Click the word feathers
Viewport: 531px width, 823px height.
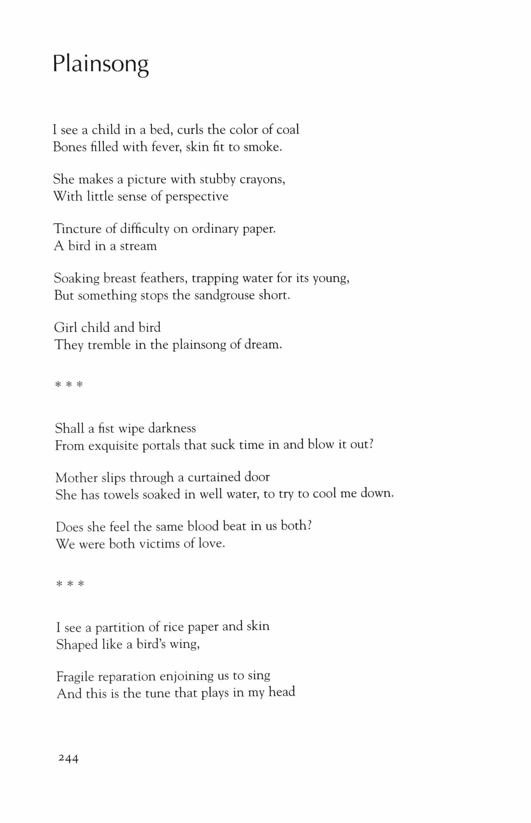[164, 278]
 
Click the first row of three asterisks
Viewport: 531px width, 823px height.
[69, 385]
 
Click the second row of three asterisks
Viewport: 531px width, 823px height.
[70, 584]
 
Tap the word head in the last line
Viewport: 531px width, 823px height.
[282, 692]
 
